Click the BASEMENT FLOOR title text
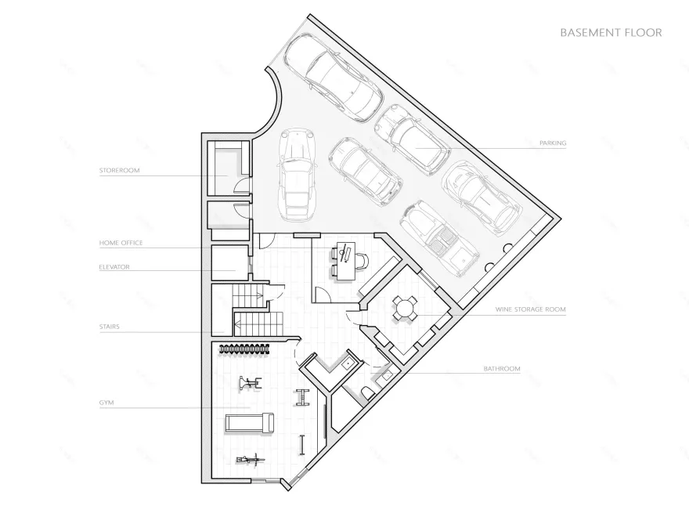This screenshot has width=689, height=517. [x=611, y=33]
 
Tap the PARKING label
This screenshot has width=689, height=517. [x=553, y=143]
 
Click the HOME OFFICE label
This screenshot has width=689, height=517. [x=121, y=243]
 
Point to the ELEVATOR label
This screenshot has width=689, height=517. [x=114, y=267]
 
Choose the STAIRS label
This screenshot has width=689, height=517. [x=109, y=326]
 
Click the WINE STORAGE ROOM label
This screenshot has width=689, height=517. [x=530, y=309]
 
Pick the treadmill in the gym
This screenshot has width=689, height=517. [x=250, y=423]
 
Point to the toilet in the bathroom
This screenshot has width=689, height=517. [x=367, y=392]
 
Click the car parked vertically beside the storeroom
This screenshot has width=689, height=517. [x=296, y=173]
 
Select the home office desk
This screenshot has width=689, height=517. [x=342, y=261]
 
